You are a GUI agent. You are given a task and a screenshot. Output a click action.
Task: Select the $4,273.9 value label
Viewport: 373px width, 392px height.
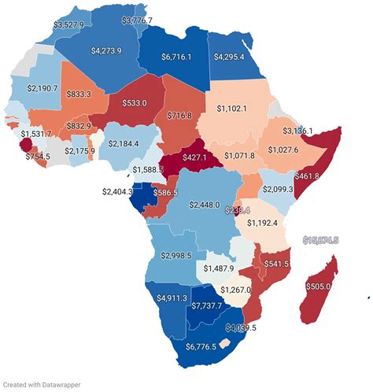pos(105,50)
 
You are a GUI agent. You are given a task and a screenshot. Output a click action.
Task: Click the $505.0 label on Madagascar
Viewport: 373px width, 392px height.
pos(318,287)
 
